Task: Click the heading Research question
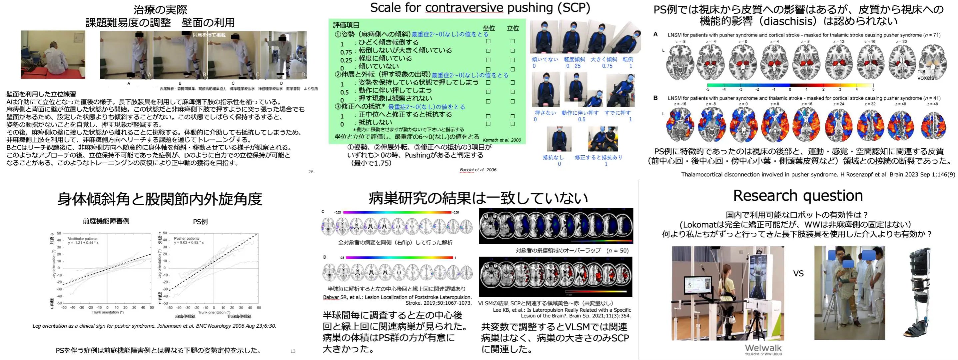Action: coord(798,196)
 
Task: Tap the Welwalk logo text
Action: coord(763,348)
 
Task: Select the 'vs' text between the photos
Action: coord(798,274)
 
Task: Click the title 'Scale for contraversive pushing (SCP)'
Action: coord(480,7)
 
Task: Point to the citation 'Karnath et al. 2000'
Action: coord(502,140)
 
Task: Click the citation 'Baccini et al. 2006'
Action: coord(478,170)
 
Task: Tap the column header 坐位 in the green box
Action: coord(489,28)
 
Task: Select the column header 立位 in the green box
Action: coord(513,28)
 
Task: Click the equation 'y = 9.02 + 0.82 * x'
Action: coord(189,242)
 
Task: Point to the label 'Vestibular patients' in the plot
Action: coord(83,238)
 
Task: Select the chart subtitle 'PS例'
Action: coord(200,222)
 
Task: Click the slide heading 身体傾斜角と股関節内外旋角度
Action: coord(160,199)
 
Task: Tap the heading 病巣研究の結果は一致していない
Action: coord(478,198)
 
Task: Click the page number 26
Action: coord(311,172)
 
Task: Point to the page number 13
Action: coord(293,351)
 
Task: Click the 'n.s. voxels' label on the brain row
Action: coord(925,74)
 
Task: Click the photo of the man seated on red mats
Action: coord(53,55)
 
